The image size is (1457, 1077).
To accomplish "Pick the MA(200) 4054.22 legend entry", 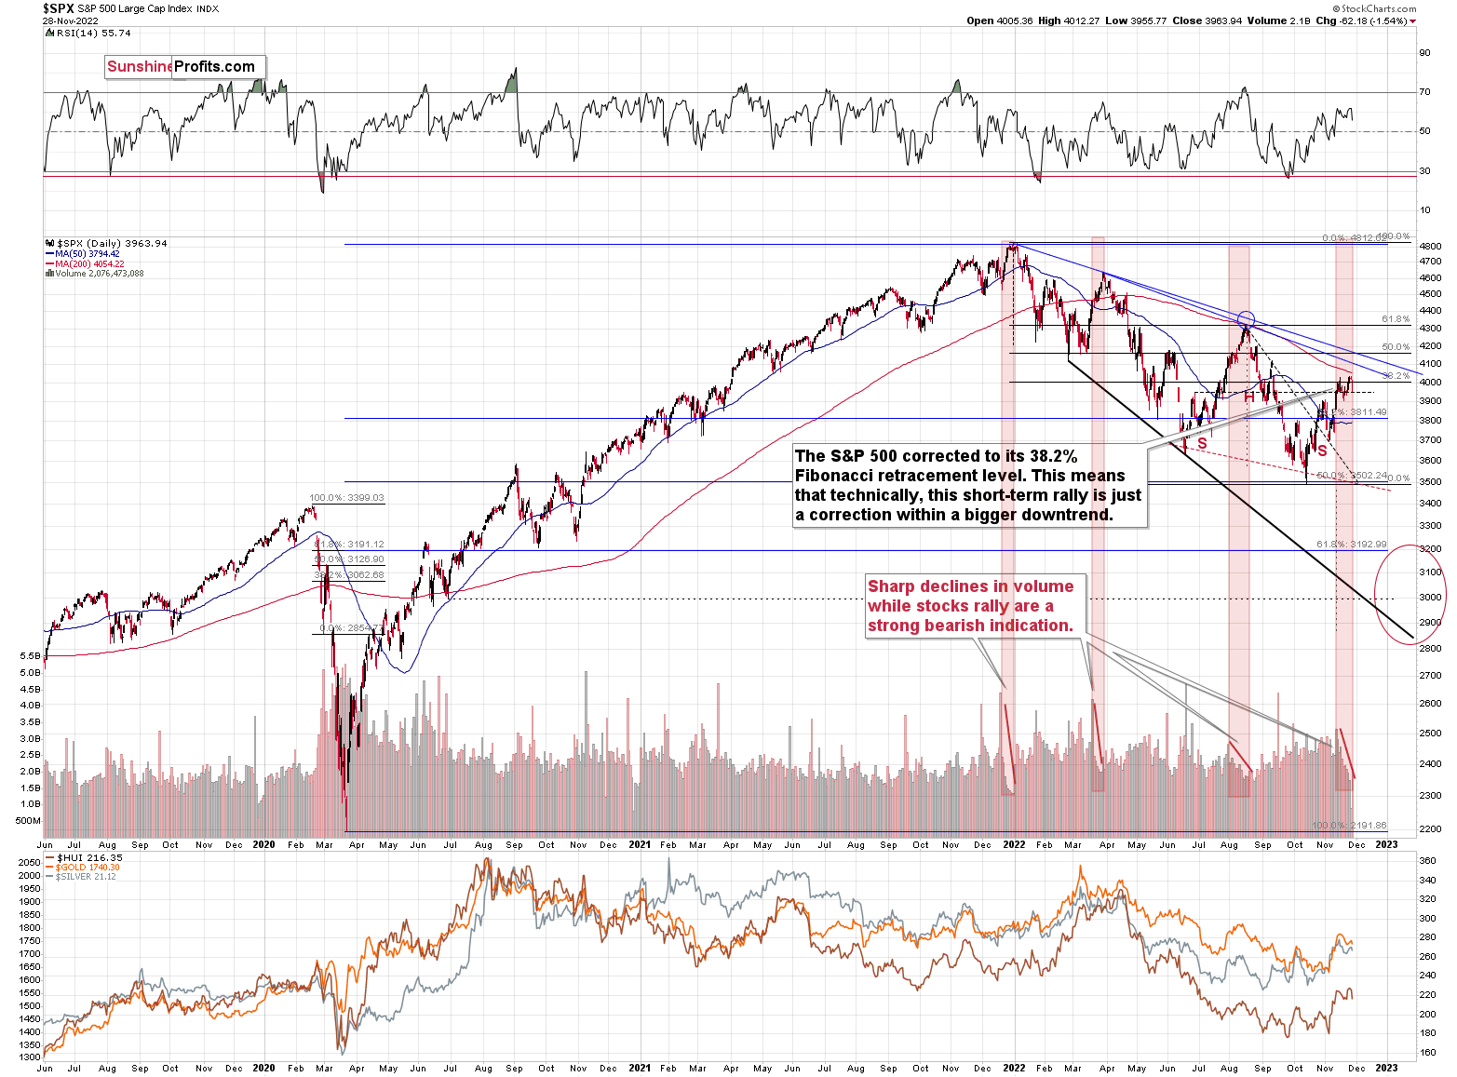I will [88, 263].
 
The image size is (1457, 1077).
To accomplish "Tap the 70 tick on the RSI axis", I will [1424, 92].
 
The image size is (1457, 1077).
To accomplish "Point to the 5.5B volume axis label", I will [29, 656].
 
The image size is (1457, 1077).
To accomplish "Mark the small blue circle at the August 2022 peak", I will [1246, 318].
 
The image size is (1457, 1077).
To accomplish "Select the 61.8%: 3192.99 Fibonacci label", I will [1352, 544].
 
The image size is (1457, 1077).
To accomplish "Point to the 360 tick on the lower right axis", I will [1427, 861].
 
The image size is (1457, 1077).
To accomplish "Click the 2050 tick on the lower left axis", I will [29, 863].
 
